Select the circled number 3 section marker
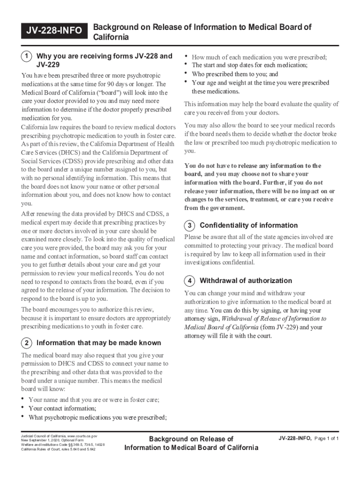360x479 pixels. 190,225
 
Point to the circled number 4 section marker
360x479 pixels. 190,281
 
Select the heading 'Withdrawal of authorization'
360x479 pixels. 245,281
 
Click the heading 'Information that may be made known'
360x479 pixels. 98,343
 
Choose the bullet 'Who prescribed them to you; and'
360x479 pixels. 235,74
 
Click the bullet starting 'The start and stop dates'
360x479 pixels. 249,65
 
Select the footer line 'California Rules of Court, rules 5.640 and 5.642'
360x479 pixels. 58,450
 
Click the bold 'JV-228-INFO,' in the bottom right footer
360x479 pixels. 295,438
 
